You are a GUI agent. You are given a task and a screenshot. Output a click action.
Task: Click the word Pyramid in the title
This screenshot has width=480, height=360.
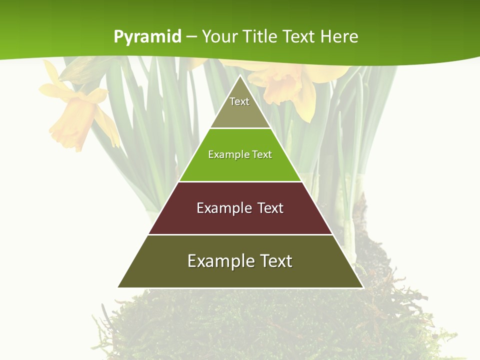(x=147, y=37)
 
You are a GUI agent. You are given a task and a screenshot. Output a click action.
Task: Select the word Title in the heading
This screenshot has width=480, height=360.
(x=260, y=36)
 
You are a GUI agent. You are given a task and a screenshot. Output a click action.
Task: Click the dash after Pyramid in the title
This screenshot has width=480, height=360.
(x=191, y=37)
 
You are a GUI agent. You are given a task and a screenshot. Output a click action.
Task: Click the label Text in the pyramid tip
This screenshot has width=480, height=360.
(x=239, y=101)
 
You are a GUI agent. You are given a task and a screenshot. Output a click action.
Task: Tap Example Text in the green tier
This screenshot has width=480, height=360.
(x=240, y=154)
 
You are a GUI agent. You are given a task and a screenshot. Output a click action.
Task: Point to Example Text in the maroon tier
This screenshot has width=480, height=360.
(x=240, y=208)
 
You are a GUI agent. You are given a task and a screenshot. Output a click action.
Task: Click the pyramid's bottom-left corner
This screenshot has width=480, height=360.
(x=118, y=287)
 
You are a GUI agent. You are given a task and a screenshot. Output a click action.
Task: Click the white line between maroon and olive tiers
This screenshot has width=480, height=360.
(x=240, y=234)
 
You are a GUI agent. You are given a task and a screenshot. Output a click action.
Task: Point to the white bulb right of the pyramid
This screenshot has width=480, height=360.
(x=349, y=235)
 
